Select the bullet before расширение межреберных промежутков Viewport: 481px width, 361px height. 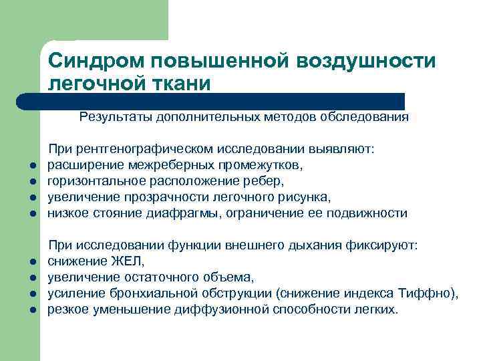point(31,166)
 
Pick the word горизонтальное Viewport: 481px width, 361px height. point(92,182)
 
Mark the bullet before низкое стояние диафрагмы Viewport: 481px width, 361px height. point(31,215)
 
